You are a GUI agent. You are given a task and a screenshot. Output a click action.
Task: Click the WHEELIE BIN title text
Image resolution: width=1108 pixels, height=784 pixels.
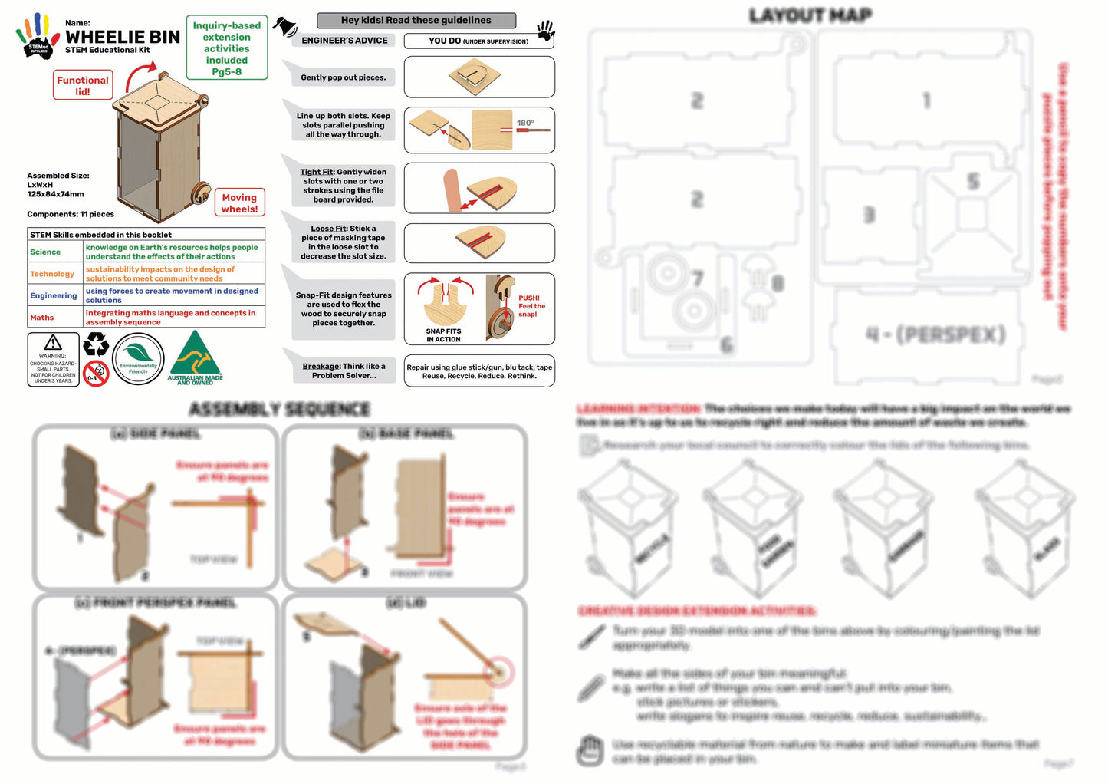pyautogui.click(x=123, y=37)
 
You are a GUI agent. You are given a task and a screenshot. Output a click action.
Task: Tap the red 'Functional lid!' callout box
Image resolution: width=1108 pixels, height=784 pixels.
pyautogui.click(x=83, y=85)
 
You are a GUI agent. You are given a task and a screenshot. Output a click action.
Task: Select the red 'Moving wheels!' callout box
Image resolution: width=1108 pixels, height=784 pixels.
pyautogui.click(x=239, y=203)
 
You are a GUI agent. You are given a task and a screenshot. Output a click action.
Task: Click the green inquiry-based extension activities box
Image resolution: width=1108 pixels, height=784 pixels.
pyautogui.click(x=226, y=48)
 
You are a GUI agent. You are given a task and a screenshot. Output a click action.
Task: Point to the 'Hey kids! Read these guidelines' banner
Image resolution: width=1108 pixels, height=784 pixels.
pyautogui.click(x=416, y=21)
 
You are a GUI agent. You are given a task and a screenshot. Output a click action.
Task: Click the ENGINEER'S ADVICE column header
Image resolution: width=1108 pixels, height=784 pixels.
pyautogui.click(x=344, y=41)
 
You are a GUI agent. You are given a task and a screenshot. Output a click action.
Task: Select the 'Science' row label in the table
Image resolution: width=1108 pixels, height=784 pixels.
pyautogui.click(x=45, y=252)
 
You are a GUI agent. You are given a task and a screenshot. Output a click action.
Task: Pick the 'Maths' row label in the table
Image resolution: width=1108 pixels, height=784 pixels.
pyautogui.click(x=42, y=317)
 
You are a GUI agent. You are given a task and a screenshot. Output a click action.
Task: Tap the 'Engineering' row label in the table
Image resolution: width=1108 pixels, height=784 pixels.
pyautogui.click(x=54, y=295)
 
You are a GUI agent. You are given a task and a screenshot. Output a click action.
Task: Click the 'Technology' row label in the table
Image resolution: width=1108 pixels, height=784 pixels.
pyautogui.click(x=52, y=274)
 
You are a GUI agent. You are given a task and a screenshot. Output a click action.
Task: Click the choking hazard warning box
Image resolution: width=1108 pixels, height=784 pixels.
pyautogui.click(x=53, y=359)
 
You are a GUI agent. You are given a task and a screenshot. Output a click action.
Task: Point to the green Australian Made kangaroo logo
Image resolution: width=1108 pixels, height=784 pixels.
pyautogui.click(x=196, y=357)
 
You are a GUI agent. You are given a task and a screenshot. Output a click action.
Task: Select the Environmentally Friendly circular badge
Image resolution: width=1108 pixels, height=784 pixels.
pyautogui.click(x=138, y=359)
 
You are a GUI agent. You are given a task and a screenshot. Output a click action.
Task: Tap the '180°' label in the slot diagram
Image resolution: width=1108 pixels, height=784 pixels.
pyautogui.click(x=525, y=123)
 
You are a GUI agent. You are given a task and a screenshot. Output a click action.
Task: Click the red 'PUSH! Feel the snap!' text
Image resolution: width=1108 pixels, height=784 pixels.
pyautogui.click(x=531, y=306)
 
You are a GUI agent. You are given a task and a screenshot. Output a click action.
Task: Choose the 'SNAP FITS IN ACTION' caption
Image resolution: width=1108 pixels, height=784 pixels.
pyautogui.click(x=444, y=335)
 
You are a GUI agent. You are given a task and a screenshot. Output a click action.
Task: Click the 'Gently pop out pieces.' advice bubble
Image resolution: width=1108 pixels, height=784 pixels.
pyautogui.click(x=343, y=77)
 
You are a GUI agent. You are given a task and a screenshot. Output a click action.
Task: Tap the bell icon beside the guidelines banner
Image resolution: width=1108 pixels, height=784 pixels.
pyautogui.click(x=285, y=27)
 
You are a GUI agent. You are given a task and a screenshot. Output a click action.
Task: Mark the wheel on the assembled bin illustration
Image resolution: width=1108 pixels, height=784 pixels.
pyautogui.click(x=201, y=192)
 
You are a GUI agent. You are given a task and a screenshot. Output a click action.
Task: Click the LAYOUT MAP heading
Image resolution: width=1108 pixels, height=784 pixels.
pyautogui.click(x=810, y=15)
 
